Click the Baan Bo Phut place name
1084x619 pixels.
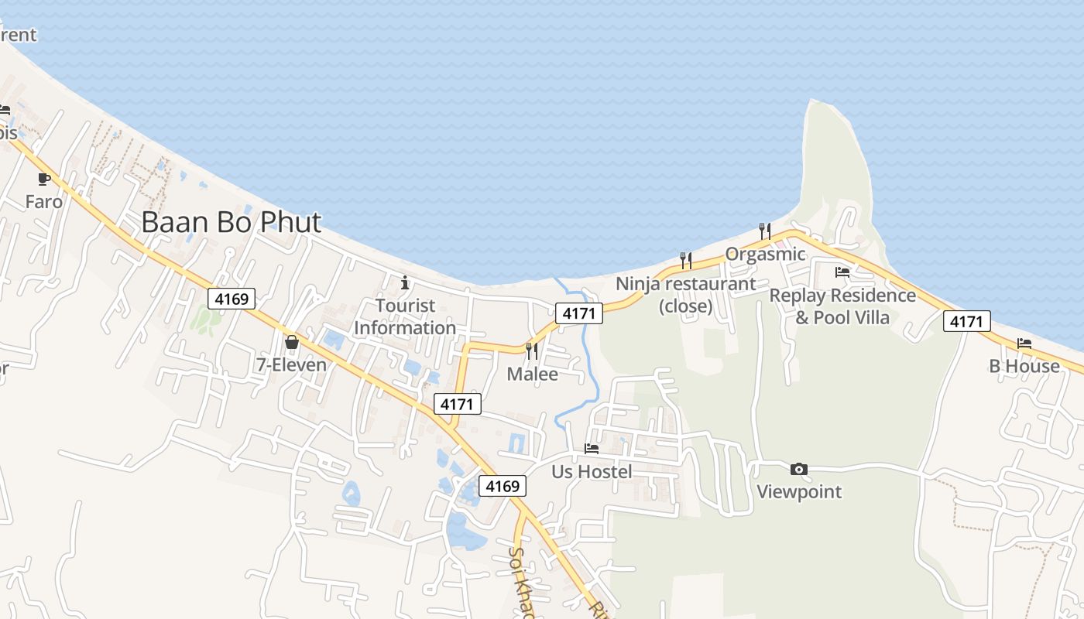coord(231,222)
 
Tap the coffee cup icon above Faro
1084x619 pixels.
coord(44,180)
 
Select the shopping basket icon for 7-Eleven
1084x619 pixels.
coord(292,341)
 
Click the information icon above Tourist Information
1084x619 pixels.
coord(404,282)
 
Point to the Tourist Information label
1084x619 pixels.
coord(405,316)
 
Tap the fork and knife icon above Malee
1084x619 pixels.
coord(532,351)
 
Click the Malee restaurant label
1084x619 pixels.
coord(532,374)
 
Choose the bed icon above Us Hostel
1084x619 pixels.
coord(592,449)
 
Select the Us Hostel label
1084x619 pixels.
coord(592,472)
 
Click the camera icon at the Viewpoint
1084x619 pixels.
coord(799,469)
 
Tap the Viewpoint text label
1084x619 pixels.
coord(799,491)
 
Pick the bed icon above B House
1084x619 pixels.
coord(1024,343)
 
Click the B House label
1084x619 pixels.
coord(1024,366)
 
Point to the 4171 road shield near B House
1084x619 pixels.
coord(967,321)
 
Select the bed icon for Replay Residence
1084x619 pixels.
coord(842,272)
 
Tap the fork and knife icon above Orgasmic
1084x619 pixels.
coord(765,231)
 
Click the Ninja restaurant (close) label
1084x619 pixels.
coord(685,295)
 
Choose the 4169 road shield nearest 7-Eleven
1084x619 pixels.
coord(232,299)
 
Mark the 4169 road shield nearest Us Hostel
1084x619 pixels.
coord(503,486)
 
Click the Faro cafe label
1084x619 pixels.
coord(44,202)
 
